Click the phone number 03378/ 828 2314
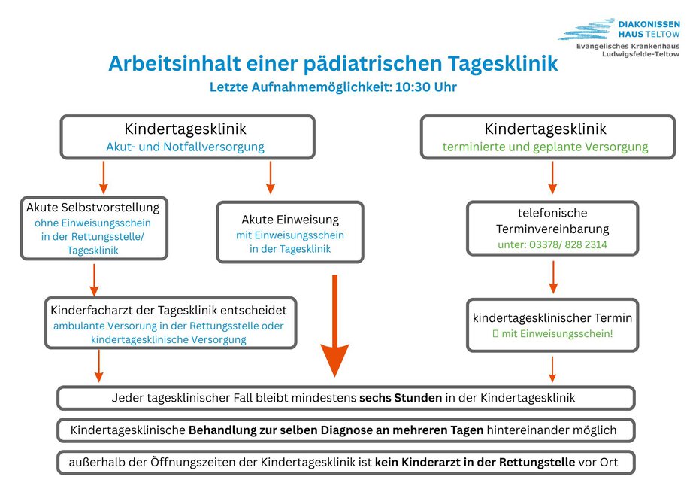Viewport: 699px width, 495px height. (x=568, y=244)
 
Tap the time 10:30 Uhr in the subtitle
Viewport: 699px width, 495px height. (x=425, y=87)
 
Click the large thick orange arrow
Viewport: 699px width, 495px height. (x=334, y=326)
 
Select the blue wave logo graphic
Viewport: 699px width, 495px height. (x=586, y=29)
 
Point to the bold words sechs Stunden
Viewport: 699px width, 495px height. (x=401, y=398)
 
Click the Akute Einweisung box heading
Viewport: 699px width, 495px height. (x=290, y=220)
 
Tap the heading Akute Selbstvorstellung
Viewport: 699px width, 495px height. (x=92, y=207)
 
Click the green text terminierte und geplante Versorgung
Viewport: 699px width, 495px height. (x=545, y=147)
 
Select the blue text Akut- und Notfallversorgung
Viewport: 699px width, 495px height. (x=185, y=147)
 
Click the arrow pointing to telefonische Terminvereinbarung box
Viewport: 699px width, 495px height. (x=552, y=178)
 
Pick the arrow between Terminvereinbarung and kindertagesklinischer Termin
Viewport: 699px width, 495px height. (x=553, y=277)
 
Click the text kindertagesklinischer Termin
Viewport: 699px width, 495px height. (x=552, y=317)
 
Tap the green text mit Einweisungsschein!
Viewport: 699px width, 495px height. (x=557, y=333)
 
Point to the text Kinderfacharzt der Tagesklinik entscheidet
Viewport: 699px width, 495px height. (x=168, y=310)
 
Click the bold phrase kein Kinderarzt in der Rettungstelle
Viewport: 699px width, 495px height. (x=475, y=462)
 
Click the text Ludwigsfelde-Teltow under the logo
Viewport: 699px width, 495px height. (x=640, y=54)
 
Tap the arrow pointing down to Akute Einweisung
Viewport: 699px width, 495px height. (x=270, y=178)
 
